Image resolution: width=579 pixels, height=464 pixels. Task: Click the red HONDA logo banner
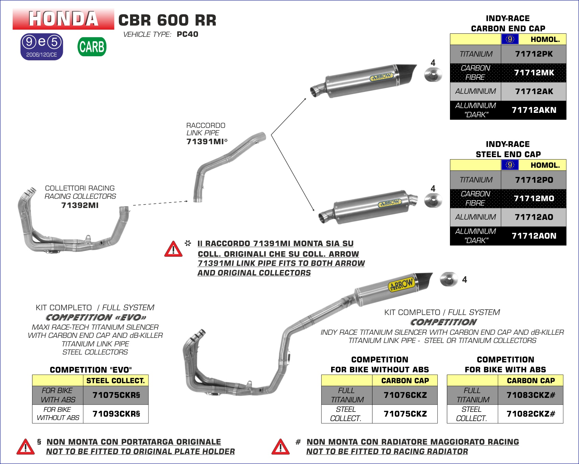click(63, 19)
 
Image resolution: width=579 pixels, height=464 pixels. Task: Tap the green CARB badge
click(92, 47)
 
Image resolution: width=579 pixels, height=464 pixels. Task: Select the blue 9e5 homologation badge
click(42, 47)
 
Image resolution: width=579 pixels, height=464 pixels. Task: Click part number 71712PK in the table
click(534, 54)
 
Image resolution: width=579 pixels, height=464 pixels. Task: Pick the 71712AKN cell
click(534, 110)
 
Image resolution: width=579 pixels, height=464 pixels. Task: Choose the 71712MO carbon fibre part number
click(534, 198)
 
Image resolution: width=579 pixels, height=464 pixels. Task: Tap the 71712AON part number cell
click(534, 236)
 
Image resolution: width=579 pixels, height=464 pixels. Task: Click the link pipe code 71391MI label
click(205, 141)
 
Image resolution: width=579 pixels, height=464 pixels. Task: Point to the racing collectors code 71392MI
click(80, 205)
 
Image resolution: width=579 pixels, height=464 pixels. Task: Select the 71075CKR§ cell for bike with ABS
click(116, 395)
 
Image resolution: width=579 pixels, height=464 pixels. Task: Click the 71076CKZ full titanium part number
click(405, 395)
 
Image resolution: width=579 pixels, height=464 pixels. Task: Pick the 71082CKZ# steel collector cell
click(531, 414)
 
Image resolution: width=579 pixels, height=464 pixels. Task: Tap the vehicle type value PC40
click(187, 34)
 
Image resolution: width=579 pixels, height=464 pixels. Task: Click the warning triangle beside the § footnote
click(26, 447)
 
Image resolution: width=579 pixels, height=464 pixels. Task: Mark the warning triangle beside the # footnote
click(280, 447)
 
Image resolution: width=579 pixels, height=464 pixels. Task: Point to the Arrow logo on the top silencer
click(382, 77)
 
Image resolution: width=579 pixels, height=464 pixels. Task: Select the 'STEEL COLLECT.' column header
click(115, 380)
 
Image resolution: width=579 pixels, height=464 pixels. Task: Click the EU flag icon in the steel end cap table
click(510, 165)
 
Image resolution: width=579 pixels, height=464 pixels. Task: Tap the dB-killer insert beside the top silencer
click(433, 75)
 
